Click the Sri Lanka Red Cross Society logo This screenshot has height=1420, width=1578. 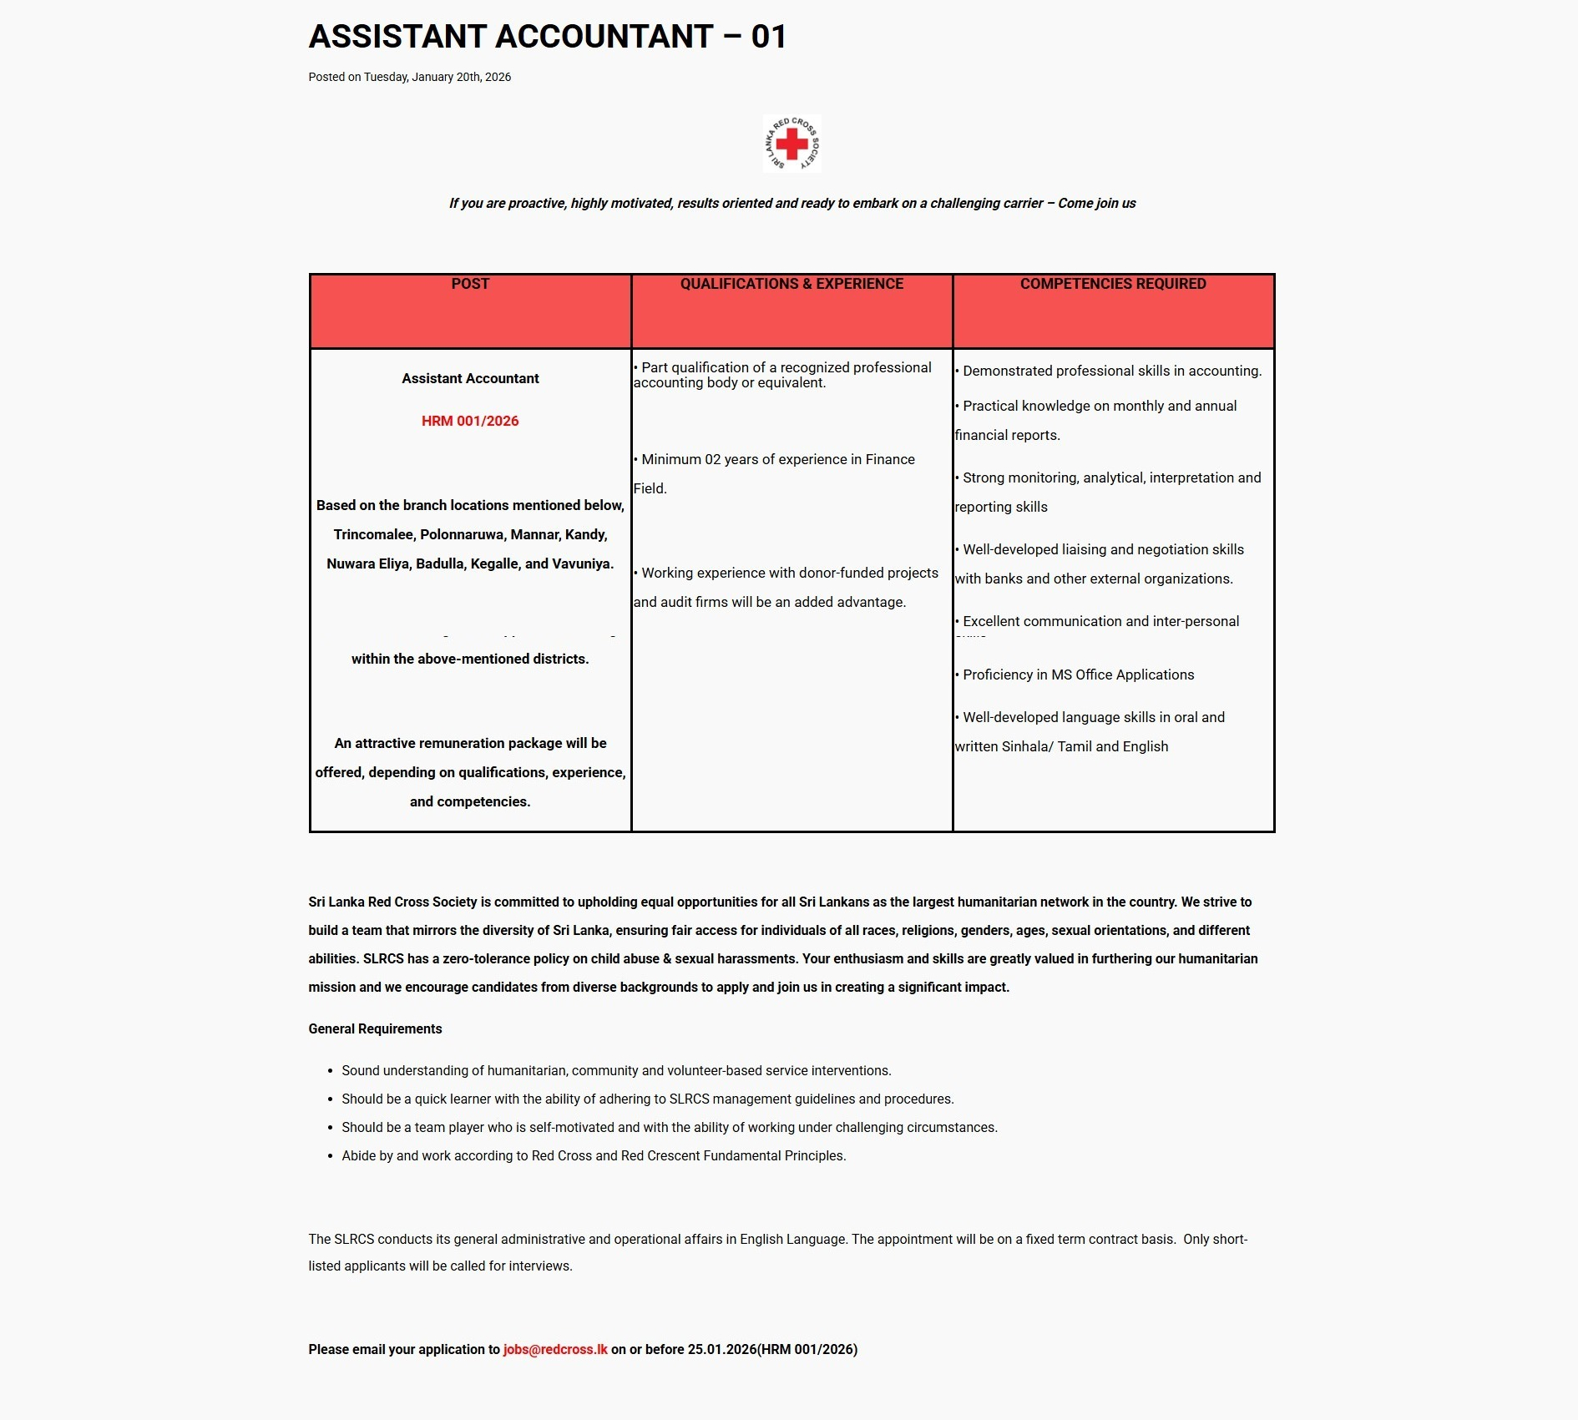(792, 144)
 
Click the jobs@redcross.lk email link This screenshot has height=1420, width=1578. (555, 1349)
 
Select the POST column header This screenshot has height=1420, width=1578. (470, 284)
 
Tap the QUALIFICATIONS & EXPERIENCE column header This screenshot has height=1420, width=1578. (792, 284)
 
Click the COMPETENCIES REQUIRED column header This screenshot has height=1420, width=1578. (1113, 284)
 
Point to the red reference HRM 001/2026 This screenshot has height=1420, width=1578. (470, 421)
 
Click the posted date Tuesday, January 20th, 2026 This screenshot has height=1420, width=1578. (437, 77)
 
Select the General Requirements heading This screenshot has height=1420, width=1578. (375, 1028)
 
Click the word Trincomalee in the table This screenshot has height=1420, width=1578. (373, 534)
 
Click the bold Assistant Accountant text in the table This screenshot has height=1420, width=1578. (470, 378)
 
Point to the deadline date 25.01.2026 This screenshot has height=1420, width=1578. (721, 1349)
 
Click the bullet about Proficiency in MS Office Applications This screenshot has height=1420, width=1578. (1078, 675)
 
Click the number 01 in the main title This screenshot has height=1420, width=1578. (768, 37)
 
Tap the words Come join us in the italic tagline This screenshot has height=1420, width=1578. (1096, 203)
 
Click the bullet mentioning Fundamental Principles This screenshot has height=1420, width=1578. (594, 1155)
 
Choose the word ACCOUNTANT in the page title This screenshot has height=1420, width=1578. (604, 37)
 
